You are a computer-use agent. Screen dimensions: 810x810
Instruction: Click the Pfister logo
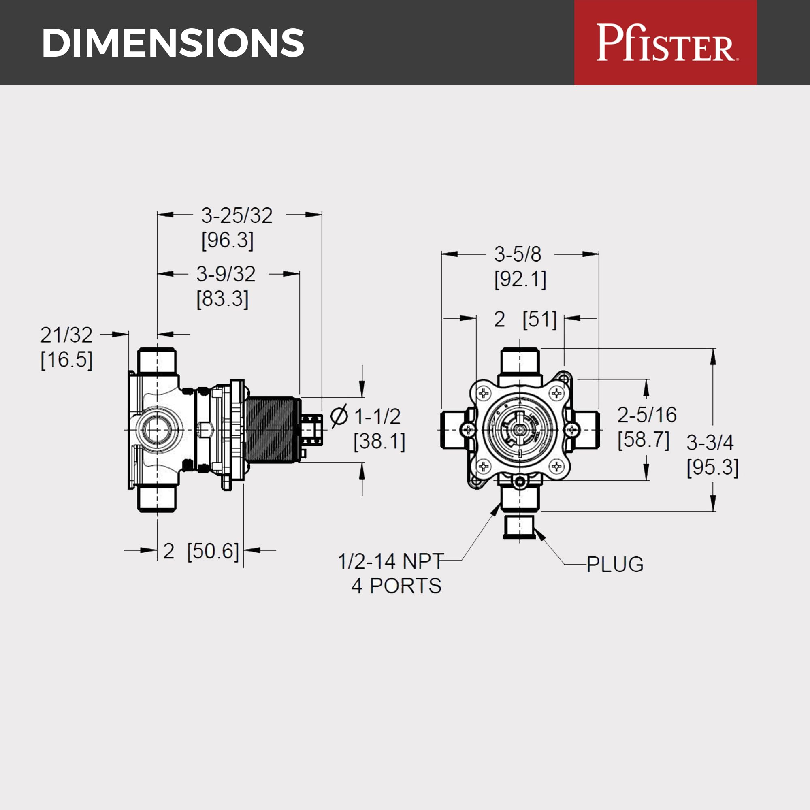coord(665,43)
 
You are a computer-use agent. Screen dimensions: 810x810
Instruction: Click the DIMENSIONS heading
coord(173,43)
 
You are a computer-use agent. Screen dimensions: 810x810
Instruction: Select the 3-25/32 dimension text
coord(237,215)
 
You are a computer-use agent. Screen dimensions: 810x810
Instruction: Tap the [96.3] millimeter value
coord(228,240)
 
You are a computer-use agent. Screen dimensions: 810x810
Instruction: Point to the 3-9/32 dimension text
coord(226,274)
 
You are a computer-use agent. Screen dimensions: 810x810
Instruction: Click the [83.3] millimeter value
coord(223,299)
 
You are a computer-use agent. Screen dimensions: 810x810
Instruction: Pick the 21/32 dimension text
coord(66,335)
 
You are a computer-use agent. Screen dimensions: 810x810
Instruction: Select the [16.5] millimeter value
coord(66,360)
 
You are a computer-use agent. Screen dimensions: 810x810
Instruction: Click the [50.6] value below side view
coord(213,551)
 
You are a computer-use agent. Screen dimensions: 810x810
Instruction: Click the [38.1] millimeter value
coord(379,441)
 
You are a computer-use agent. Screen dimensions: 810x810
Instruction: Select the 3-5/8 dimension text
coord(518,254)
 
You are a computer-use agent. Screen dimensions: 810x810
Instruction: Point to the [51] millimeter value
coord(539,320)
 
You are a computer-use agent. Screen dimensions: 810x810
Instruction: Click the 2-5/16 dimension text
coord(647,415)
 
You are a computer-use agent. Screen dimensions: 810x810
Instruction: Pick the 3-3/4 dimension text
coord(710,442)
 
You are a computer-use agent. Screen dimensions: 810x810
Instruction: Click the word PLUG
coord(615,564)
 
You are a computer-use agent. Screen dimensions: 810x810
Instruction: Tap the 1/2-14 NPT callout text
coord(391,562)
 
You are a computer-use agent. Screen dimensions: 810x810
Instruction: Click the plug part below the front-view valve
coord(520,527)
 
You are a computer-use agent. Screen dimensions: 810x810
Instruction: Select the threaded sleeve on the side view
coord(272,429)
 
